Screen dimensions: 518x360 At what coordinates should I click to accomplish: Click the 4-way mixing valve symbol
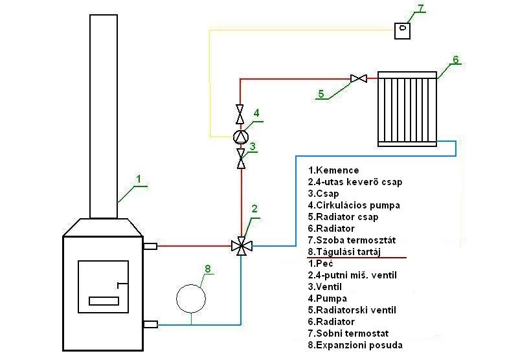(242, 246)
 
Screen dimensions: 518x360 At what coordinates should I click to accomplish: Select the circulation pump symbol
(240, 137)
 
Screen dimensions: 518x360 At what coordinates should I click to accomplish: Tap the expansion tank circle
(191, 298)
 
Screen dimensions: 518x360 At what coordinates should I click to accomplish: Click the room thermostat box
(402, 30)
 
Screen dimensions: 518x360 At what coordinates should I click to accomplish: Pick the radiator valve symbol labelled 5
(359, 78)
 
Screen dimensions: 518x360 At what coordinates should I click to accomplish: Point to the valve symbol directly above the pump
(240, 114)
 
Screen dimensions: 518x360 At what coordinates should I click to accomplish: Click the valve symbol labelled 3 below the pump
(241, 159)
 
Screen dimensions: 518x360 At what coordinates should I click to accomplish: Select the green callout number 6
(456, 60)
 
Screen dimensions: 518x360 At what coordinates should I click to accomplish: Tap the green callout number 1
(139, 179)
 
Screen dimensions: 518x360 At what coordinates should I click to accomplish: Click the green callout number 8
(207, 269)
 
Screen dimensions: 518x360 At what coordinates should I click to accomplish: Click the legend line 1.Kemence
(333, 170)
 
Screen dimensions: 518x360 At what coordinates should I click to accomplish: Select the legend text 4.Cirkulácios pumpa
(354, 205)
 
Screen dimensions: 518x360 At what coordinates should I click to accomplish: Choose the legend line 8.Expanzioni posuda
(355, 345)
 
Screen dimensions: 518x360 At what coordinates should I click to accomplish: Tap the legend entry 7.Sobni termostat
(348, 333)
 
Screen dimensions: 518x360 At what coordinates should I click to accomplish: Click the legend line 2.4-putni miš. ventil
(352, 275)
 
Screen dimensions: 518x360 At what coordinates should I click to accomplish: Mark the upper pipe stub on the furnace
(150, 246)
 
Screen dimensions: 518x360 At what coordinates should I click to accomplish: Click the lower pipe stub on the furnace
(150, 324)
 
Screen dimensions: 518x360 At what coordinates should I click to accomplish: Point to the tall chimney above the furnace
(104, 117)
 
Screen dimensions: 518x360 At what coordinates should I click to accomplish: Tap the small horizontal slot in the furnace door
(104, 301)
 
